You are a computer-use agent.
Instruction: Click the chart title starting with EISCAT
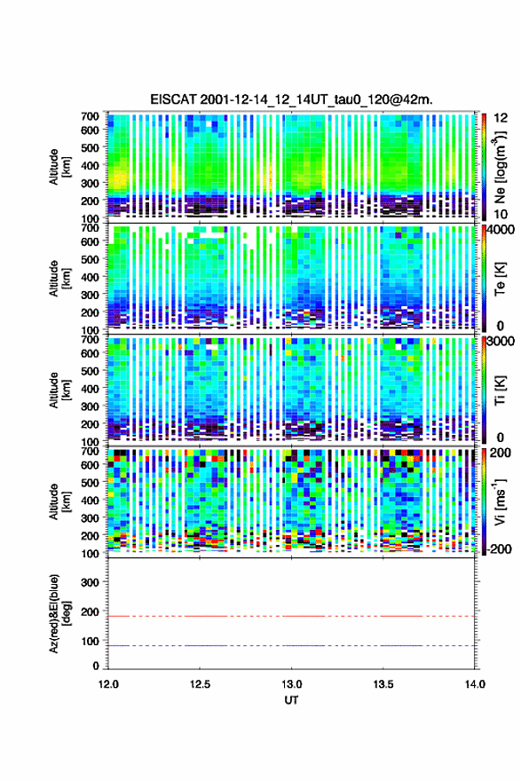tap(291, 99)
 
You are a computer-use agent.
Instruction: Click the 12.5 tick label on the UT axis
tap(200, 684)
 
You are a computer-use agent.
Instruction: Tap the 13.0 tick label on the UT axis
tap(291, 684)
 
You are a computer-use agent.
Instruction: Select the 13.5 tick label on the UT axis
tap(383, 684)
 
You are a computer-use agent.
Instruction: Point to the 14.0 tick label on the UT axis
tap(475, 684)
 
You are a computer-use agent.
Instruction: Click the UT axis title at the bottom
tap(291, 700)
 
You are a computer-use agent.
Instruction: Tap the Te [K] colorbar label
tap(500, 279)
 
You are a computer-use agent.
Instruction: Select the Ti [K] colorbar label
tap(500, 390)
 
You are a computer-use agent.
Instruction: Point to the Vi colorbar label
tap(500, 501)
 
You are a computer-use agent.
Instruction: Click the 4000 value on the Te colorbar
tap(501, 231)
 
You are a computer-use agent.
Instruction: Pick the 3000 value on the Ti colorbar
tap(501, 342)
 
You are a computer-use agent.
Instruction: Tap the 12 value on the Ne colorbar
tap(501, 118)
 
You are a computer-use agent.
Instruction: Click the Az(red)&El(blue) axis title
tap(59, 613)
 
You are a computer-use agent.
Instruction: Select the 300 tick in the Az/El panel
tap(90, 582)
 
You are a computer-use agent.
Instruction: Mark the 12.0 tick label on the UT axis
tap(108, 684)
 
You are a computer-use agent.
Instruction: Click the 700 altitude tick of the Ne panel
tap(90, 116)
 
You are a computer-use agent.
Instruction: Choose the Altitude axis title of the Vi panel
tap(59, 501)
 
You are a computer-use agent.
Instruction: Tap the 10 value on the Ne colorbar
tap(501, 214)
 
